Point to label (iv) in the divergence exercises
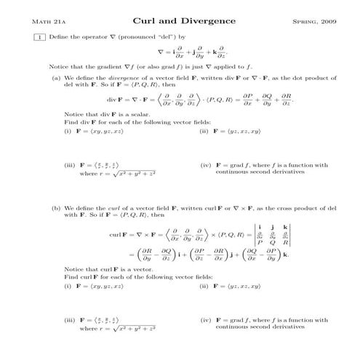204,166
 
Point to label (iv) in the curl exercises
204,320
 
